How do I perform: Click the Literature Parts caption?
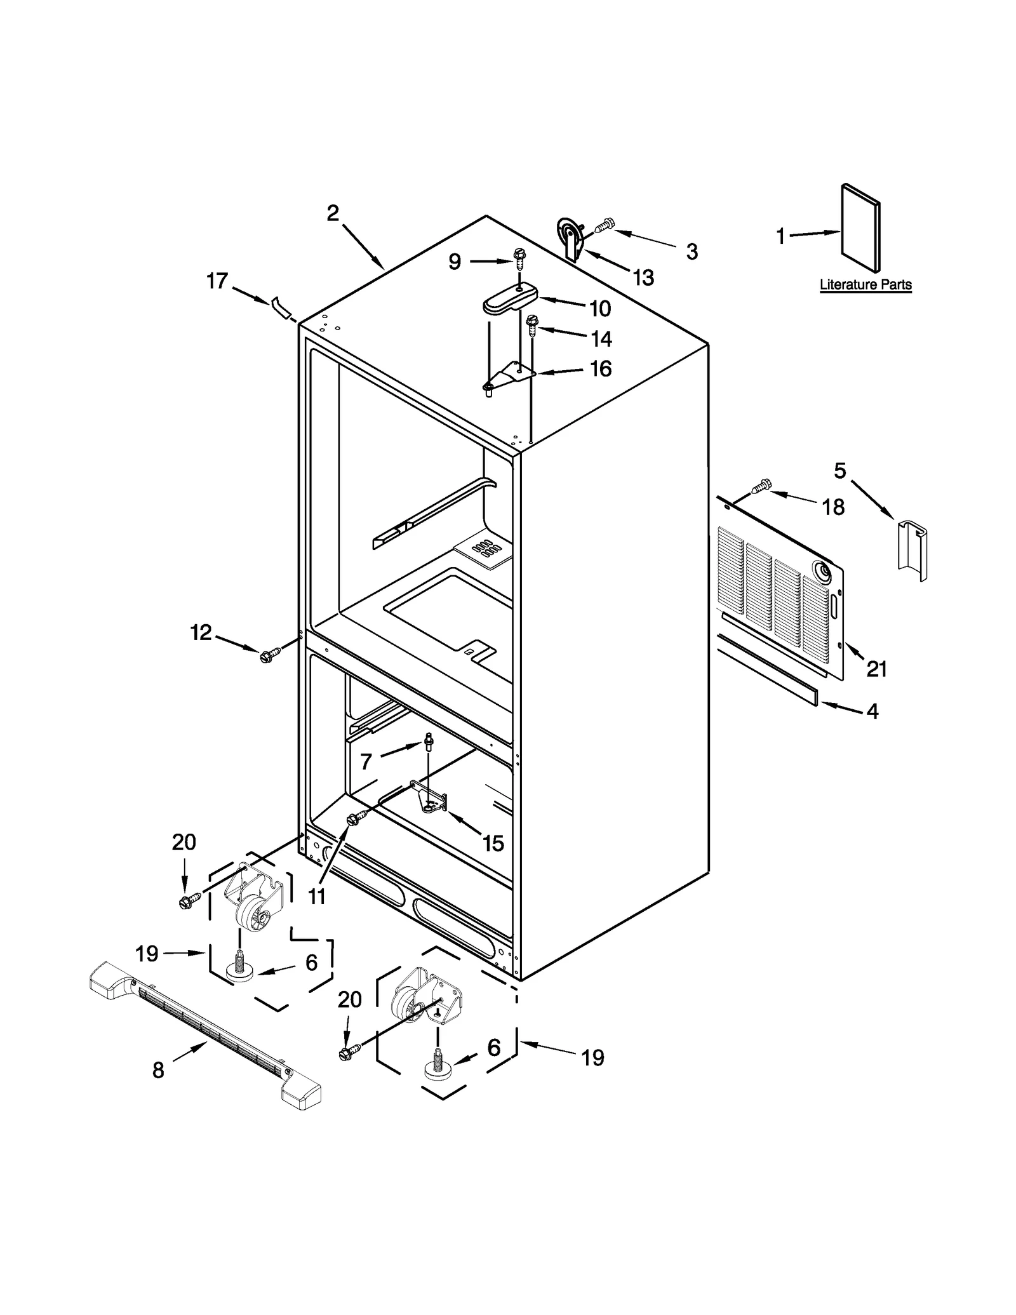(865, 284)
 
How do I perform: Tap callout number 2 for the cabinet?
(333, 213)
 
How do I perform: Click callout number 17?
(217, 281)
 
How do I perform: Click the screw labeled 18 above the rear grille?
(761, 486)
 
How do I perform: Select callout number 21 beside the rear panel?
(877, 669)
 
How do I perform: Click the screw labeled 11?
(353, 820)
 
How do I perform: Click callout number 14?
(601, 338)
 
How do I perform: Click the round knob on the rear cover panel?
(823, 573)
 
